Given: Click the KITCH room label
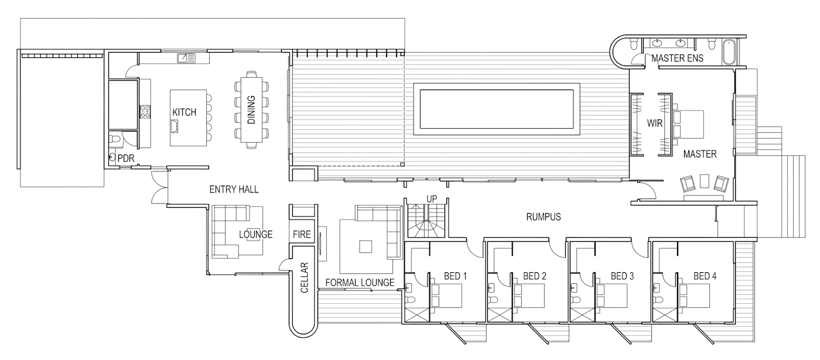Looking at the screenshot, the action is click(184, 112).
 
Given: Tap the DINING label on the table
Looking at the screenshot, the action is click(251, 110).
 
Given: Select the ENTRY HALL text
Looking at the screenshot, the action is click(234, 189).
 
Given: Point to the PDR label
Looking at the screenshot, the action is click(126, 159).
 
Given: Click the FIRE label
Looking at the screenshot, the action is click(302, 234).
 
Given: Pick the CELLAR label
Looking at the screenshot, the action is click(304, 277).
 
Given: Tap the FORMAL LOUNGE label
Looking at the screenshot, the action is click(360, 282).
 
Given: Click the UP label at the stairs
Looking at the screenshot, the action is click(432, 198).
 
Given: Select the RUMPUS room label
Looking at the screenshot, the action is click(544, 217).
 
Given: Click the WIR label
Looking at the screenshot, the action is click(655, 124).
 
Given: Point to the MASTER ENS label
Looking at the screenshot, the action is click(677, 58).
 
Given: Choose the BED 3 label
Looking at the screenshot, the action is click(622, 276).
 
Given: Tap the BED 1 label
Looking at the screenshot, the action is click(456, 276).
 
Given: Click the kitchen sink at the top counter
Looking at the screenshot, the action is click(186, 58).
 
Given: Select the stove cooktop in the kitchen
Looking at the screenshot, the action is click(145, 111).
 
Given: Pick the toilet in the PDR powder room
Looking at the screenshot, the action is click(115, 139).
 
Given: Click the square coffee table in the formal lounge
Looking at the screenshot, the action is click(365, 246).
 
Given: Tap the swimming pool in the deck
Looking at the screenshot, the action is click(497, 109).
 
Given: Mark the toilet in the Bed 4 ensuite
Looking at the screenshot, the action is click(658, 300).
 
